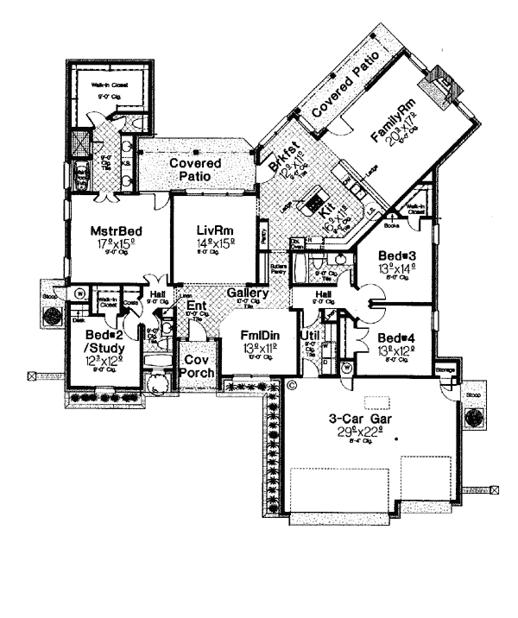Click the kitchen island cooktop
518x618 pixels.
tap(309, 205)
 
